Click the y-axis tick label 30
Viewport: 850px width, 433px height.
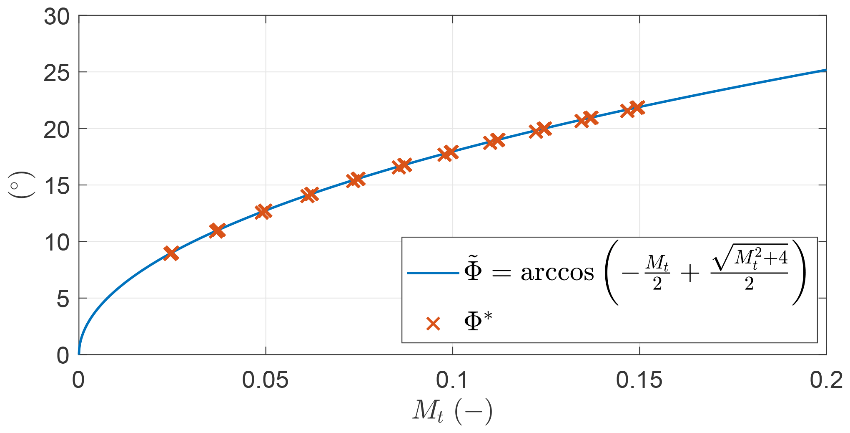[x=57, y=18]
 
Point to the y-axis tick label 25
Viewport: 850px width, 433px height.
[x=57, y=74]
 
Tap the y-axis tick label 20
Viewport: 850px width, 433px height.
[x=57, y=130]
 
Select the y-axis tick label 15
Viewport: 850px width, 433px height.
[x=57, y=187]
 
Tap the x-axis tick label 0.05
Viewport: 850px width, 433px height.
[x=265, y=380]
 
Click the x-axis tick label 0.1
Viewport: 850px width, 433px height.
[x=452, y=380]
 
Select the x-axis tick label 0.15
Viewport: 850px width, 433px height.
[x=639, y=380]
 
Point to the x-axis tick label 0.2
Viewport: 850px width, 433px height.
[x=826, y=380]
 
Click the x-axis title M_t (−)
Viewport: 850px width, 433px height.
[x=452, y=411]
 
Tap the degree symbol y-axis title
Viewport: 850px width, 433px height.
[x=21, y=185]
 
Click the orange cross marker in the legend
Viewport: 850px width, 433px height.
[x=433, y=324]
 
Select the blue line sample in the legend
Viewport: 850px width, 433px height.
[x=433, y=273]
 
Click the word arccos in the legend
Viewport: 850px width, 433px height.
[x=557, y=273]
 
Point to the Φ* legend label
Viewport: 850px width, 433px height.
[x=478, y=322]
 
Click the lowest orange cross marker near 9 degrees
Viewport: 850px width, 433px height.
[x=171, y=253]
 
